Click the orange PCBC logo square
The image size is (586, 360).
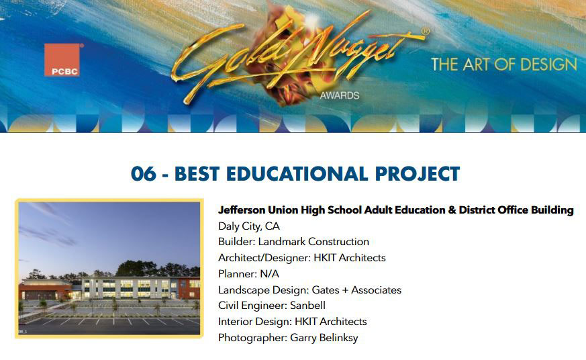tap(62, 60)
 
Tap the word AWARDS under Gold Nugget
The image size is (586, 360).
tap(340, 95)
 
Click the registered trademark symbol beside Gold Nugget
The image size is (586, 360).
tap(426, 32)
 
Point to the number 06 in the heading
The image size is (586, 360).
tap(144, 174)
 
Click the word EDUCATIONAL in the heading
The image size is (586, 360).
tap(297, 174)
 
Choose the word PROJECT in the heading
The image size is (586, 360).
tap(418, 174)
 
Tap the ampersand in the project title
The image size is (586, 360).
tap(452, 210)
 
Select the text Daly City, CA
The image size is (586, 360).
tap(249, 226)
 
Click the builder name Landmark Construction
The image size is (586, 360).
tap(313, 242)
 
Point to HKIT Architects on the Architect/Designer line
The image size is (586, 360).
tap(350, 257)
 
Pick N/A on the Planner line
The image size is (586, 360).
tap(269, 273)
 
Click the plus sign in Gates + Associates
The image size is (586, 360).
tap(344, 290)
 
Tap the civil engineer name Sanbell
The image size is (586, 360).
tap(307, 306)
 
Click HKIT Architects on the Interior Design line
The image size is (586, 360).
tap(331, 322)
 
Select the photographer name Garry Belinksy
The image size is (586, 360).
tap(324, 338)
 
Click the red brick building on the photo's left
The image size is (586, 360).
tap(45, 289)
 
